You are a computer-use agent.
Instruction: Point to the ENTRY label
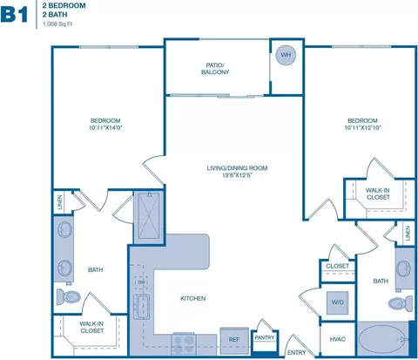click(296, 352)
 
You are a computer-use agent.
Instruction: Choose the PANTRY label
click(265, 336)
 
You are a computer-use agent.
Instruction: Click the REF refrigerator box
click(233, 339)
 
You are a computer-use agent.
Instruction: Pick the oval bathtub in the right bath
click(381, 338)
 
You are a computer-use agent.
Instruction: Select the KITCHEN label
click(192, 299)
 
